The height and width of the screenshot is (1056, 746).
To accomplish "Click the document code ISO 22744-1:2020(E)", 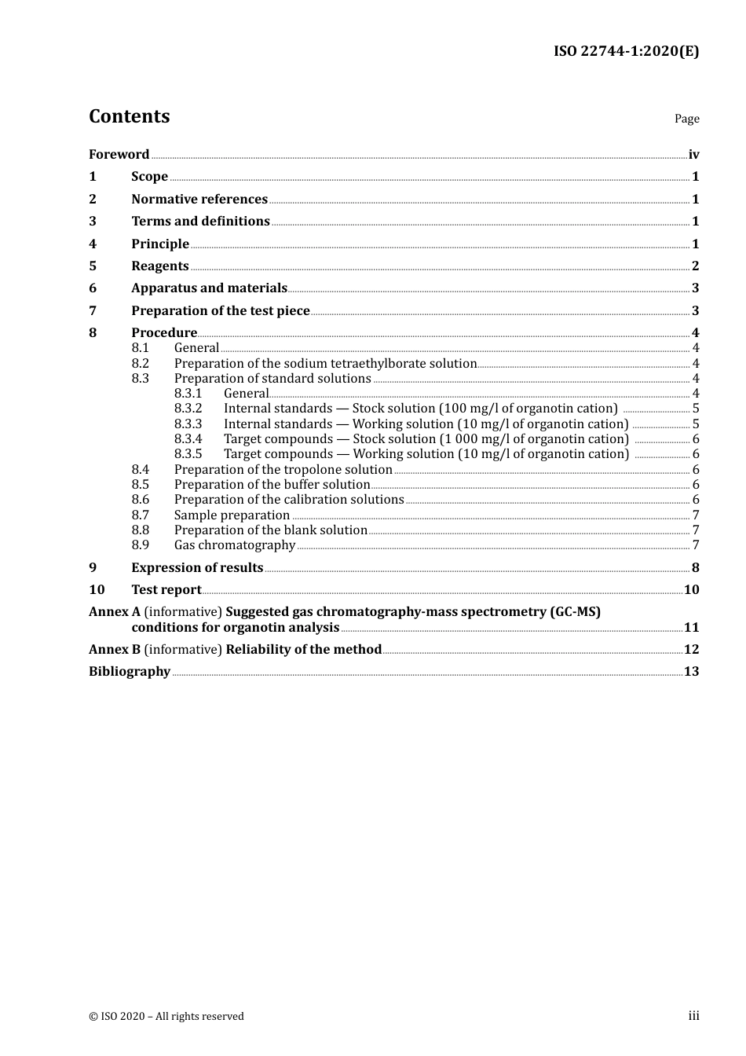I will [626, 51].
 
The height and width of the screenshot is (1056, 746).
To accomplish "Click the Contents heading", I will [129, 116].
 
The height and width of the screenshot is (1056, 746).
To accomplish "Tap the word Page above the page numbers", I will [686, 119].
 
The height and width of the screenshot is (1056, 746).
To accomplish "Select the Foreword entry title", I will [119, 155].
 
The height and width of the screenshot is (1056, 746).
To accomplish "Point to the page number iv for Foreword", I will [693, 155].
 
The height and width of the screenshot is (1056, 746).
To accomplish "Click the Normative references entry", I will [199, 200].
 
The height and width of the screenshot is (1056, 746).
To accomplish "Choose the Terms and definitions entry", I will [200, 222].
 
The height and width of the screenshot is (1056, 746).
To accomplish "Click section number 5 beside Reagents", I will [93, 266].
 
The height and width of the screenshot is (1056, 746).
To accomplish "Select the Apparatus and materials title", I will [209, 288].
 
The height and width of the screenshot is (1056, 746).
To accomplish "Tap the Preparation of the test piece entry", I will [220, 311].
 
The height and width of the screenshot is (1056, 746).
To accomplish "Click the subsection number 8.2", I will [140, 364].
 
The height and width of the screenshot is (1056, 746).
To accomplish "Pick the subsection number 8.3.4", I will [188, 439].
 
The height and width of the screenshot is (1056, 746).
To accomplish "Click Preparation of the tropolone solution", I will [283, 470].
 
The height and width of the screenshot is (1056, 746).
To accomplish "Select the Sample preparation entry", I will [232, 515].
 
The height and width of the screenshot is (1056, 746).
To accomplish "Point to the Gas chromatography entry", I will [235, 545].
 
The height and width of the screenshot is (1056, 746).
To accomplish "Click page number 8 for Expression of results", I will [696, 568].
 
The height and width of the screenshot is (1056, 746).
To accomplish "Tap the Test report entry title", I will [166, 590].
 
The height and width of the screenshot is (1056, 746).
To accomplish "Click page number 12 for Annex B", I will [691, 650].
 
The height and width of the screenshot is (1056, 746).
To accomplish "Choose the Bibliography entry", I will [130, 672].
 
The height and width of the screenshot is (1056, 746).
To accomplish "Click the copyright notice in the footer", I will [166, 1017].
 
